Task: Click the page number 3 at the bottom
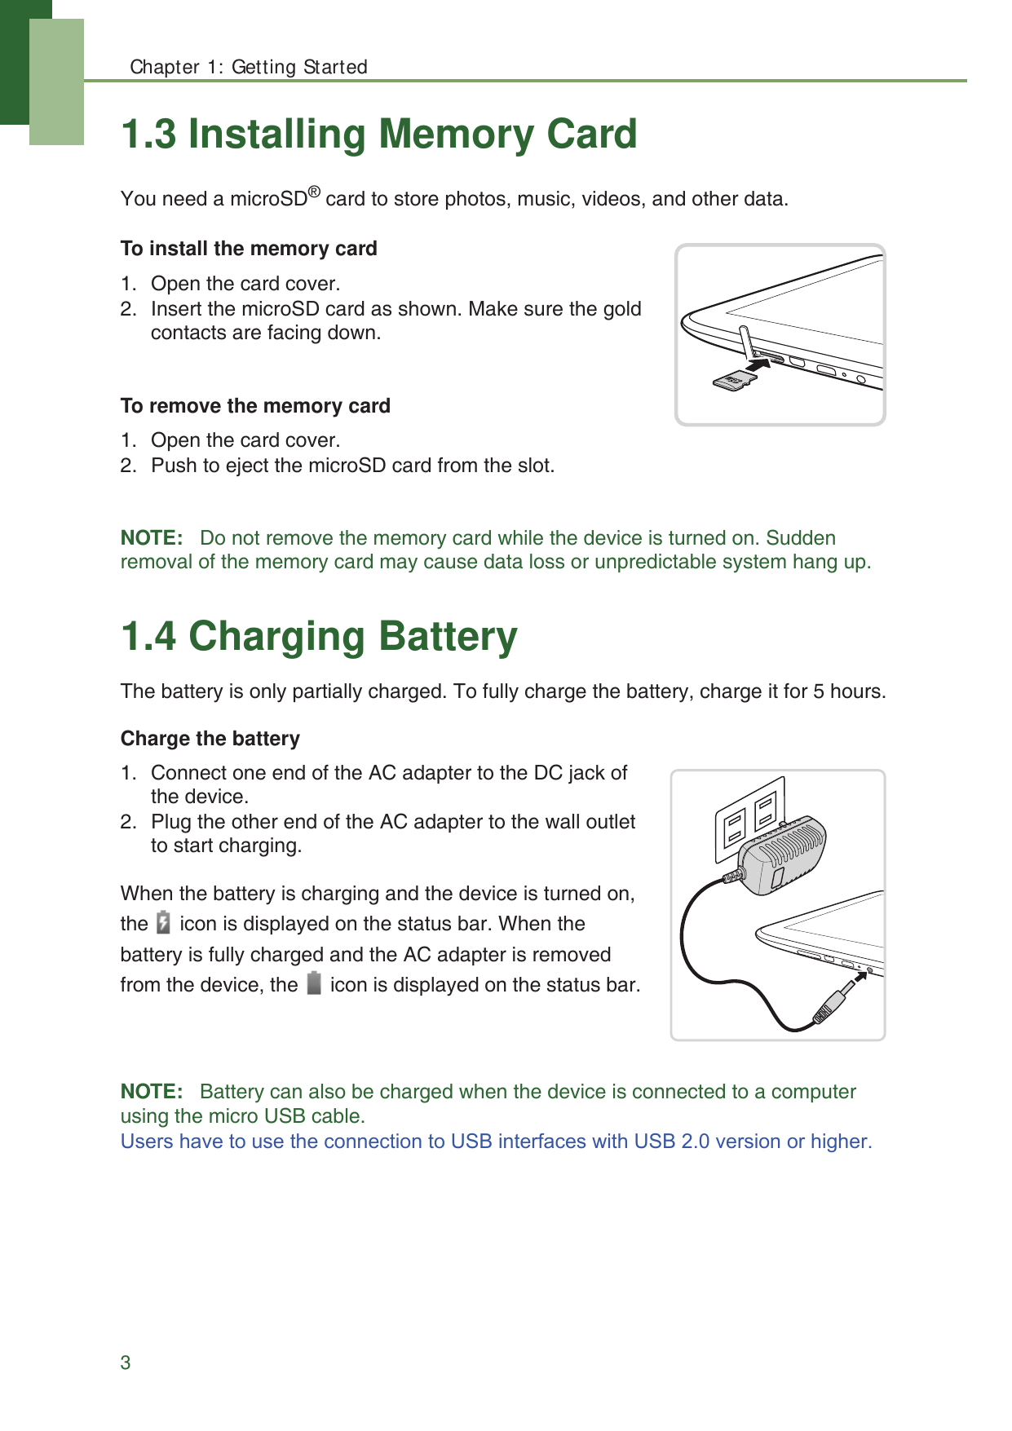pyautogui.click(x=126, y=1363)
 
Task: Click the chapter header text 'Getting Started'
pyautogui.click(x=299, y=67)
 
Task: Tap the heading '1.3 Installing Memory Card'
pyautogui.click(x=378, y=134)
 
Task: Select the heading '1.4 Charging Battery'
pyautogui.click(x=319, y=636)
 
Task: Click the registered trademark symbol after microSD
pyautogui.click(x=314, y=193)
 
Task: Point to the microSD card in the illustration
pyautogui.click(x=733, y=380)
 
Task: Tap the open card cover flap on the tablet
pyautogui.click(x=745, y=341)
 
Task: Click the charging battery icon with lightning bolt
pyautogui.click(x=163, y=922)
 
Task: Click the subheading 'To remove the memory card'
pyautogui.click(x=255, y=406)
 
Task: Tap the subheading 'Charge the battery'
pyautogui.click(x=210, y=739)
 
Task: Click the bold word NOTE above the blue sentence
pyautogui.click(x=151, y=1092)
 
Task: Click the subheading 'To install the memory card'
pyautogui.click(x=249, y=249)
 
